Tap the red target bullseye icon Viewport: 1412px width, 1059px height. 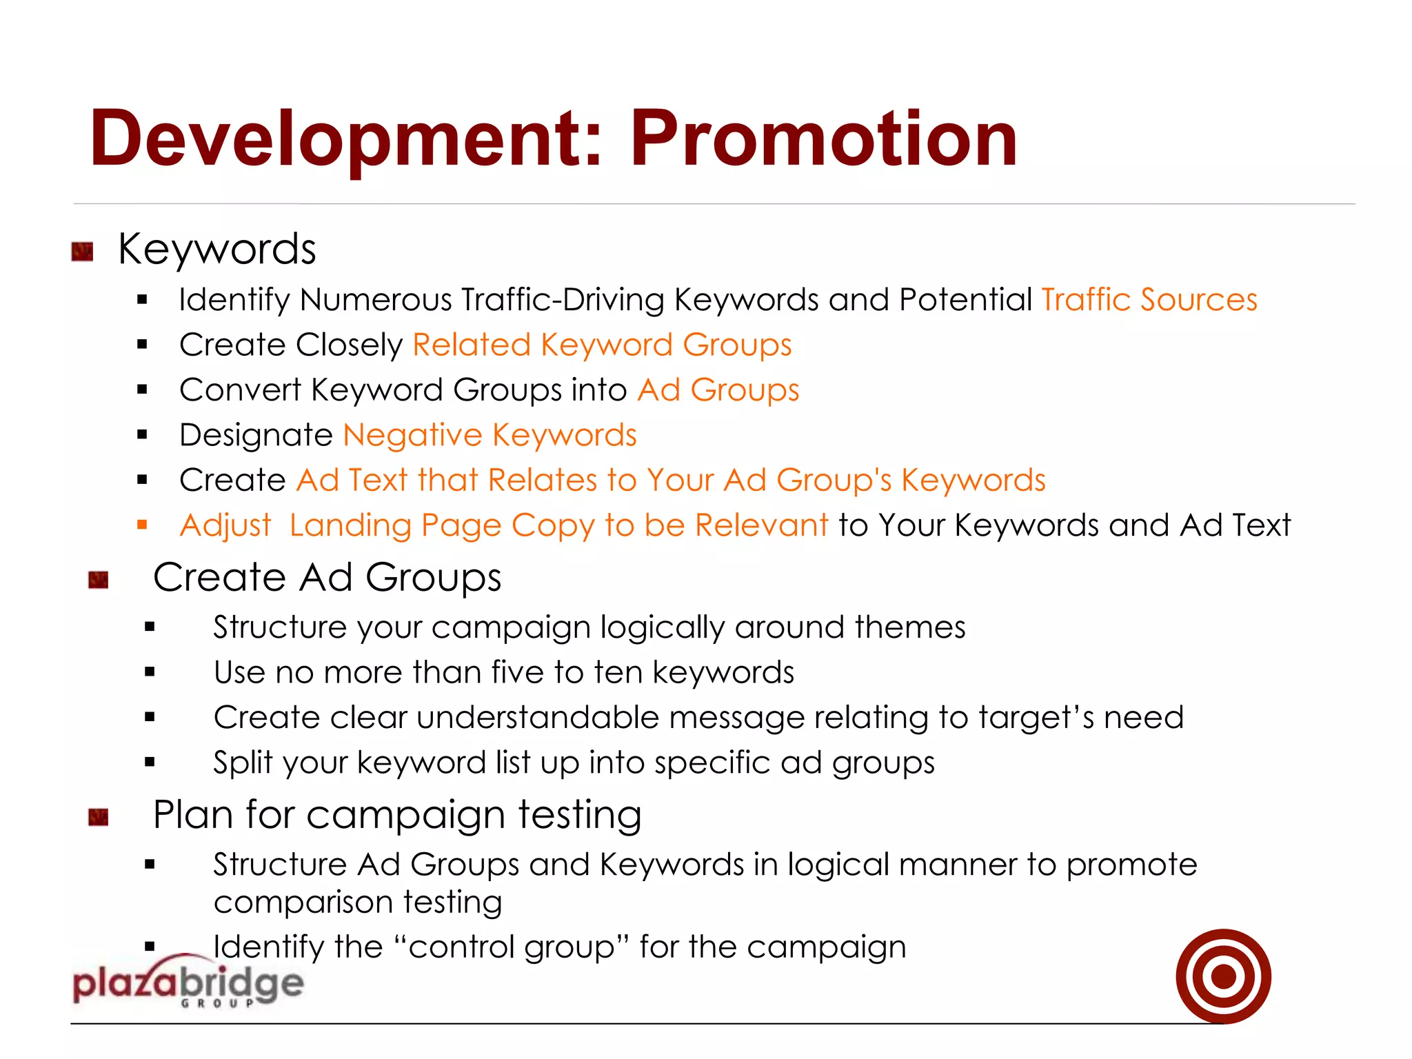(x=1223, y=976)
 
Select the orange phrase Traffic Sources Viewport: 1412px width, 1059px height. (x=1149, y=300)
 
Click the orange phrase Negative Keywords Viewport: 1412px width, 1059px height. (x=490, y=435)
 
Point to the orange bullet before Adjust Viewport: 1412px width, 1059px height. (x=143, y=525)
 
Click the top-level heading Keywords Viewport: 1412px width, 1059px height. (x=216, y=249)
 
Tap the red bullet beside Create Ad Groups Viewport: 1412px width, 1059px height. (x=99, y=580)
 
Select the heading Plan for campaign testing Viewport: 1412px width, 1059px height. (x=397, y=815)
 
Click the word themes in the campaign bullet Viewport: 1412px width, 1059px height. (x=909, y=627)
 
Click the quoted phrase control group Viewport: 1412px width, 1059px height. (x=511, y=947)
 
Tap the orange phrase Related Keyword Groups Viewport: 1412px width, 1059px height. (x=602, y=345)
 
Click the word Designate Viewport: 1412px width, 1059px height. (x=256, y=435)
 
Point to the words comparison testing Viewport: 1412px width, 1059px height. (x=358, y=902)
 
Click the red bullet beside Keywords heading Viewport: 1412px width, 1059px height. (x=82, y=252)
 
